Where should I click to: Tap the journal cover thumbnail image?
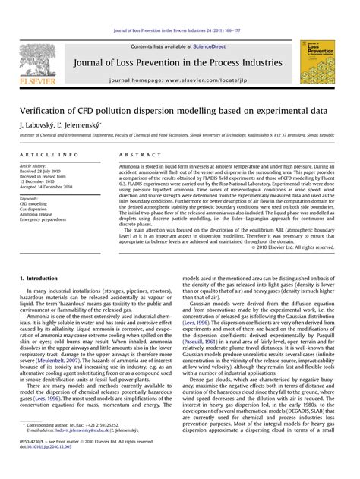[x=317, y=62]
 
